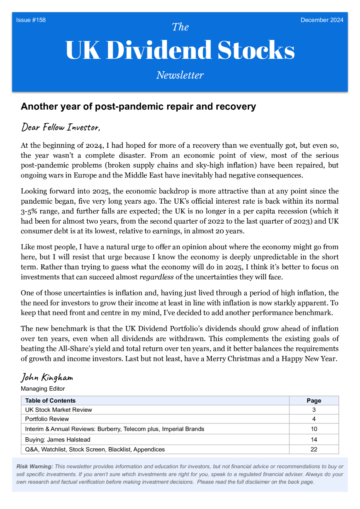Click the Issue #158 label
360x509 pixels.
[31, 20]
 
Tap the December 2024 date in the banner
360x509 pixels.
[322, 20]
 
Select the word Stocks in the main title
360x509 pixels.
[256, 50]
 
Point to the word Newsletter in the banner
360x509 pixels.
[180, 75]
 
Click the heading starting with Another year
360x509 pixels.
[138, 106]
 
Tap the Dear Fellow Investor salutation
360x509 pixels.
[60, 127]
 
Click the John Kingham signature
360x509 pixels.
[47, 378]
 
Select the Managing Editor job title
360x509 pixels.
[43, 389]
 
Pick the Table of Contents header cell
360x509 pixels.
[50, 400]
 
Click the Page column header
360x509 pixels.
[314, 400]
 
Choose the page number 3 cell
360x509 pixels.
[314, 410]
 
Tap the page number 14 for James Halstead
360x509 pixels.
[314, 440]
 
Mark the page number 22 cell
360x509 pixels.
[314, 450]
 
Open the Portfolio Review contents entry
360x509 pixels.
[47, 419]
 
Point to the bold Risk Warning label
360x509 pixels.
[35, 467]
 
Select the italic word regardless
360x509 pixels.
[156, 277]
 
